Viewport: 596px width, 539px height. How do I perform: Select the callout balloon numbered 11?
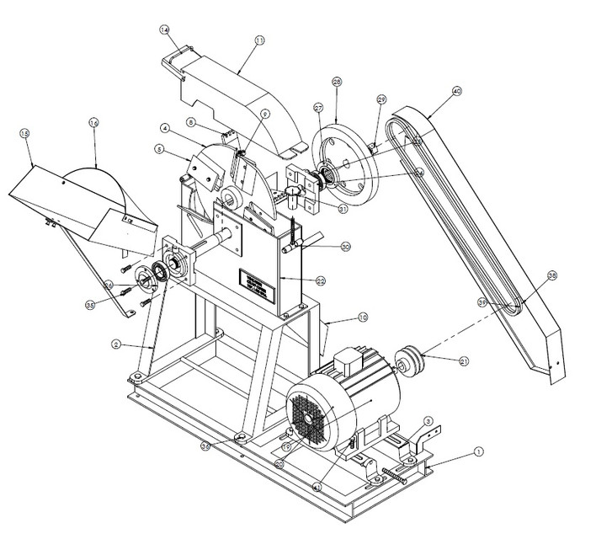(x=258, y=40)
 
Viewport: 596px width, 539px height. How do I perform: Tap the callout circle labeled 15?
(x=24, y=134)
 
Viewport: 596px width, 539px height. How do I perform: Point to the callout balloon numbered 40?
(x=457, y=91)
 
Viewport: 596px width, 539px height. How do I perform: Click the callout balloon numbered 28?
(x=337, y=82)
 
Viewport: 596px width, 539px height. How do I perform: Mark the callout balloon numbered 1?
(x=478, y=451)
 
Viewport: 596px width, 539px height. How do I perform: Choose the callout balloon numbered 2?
(x=118, y=344)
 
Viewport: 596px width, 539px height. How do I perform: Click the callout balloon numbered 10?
(x=339, y=318)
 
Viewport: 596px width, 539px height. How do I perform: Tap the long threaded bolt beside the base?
(x=395, y=472)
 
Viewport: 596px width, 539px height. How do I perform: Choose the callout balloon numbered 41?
(x=317, y=486)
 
